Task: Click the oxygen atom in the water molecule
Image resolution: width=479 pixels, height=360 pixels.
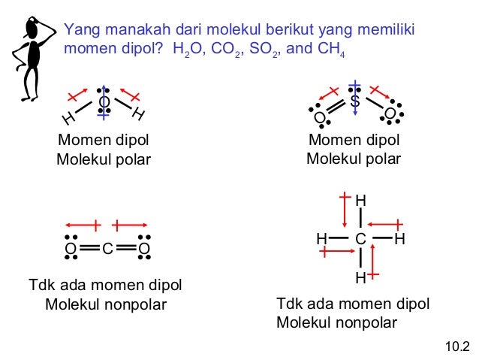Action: click(x=104, y=101)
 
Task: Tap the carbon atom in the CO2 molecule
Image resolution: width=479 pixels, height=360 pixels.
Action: click(x=107, y=249)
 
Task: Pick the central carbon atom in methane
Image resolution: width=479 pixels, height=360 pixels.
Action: click(x=360, y=239)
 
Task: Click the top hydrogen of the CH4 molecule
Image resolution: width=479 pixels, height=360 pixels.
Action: click(x=360, y=201)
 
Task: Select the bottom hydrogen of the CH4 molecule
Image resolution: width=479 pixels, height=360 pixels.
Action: click(x=360, y=279)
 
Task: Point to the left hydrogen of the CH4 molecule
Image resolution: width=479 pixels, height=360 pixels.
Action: click(x=321, y=239)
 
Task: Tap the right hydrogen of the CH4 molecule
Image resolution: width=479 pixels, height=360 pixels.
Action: click(x=399, y=239)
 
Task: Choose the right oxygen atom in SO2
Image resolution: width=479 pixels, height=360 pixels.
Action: click(x=390, y=114)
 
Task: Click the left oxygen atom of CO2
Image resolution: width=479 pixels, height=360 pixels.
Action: click(x=70, y=249)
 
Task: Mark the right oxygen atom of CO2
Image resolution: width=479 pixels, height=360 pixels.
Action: click(x=144, y=249)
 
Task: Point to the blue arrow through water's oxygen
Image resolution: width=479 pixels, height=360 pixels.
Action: click(x=104, y=105)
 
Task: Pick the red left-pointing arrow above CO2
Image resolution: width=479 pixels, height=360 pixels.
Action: click(x=82, y=224)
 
